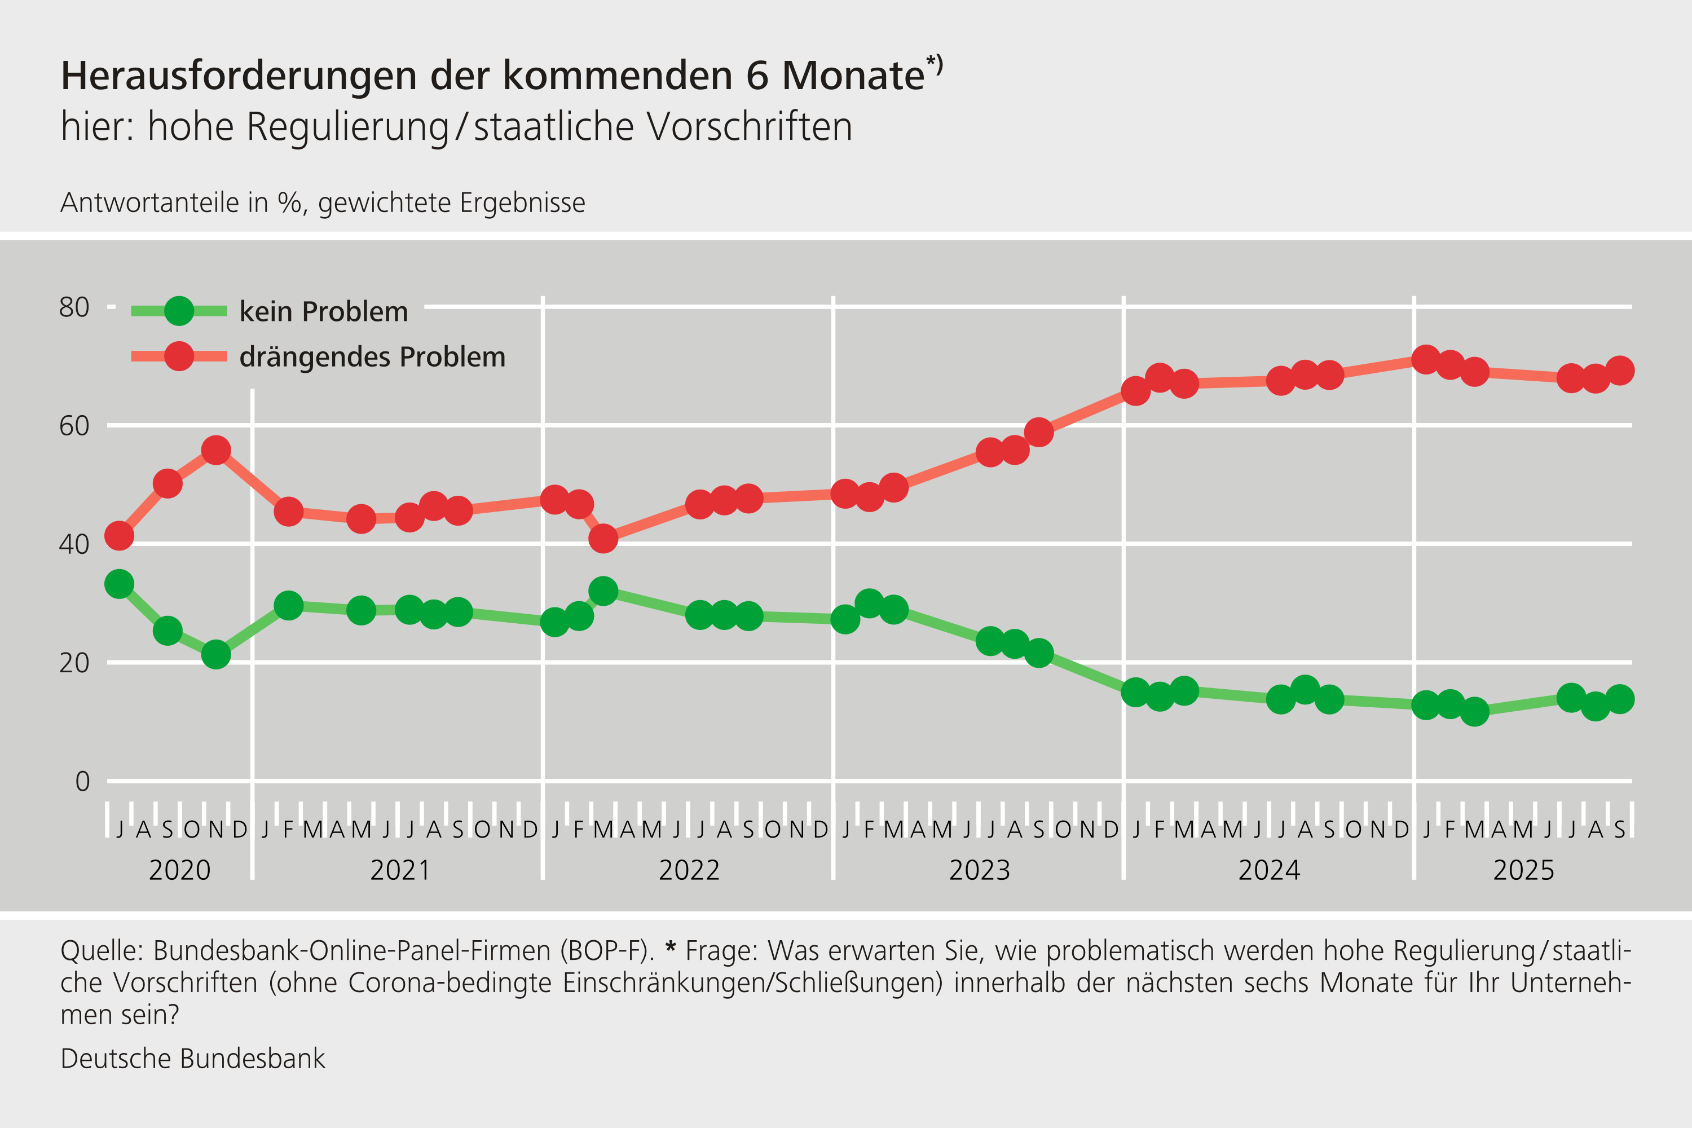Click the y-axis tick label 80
pos(74,308)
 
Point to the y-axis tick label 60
pos(74,426)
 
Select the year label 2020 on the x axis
pos(179,870)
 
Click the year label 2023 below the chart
pos(979,870)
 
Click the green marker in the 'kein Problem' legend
pos(179,311)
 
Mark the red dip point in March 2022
pos(603,538)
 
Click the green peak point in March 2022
pos(603,591)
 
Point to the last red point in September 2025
pos(1619,371)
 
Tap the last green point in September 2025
pos(1619,699)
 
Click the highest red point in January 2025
pos(1426,359)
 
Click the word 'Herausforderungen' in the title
pos(239,76)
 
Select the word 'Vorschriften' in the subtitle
pos(750,127)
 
